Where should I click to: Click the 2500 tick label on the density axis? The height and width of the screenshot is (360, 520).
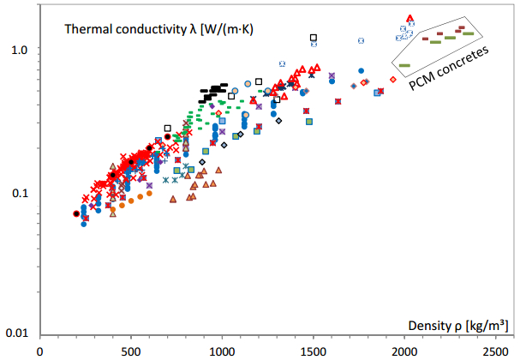pyautogui.click(x=494, y=351)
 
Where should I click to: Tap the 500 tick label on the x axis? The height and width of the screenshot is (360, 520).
pyautogui.click(x=131, y=351)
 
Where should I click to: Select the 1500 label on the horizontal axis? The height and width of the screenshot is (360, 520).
pyautogui.click(x=313, y=351)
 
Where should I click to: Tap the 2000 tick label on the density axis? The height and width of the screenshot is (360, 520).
pyautogui.click(x=403, y=351)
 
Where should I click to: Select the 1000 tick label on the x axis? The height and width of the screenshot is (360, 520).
pyautogui.click(x=222, y=351)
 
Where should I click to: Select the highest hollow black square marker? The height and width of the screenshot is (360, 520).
pyautogui.click(x=314, y=38)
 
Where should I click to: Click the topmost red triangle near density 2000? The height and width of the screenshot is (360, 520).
pyautogui.click(x=409, y=17)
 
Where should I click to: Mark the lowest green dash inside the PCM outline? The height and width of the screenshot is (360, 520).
pyautogui.click(x=404, y=65)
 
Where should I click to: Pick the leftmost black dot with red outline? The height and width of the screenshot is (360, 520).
pyautogui.click(x=76, y=213)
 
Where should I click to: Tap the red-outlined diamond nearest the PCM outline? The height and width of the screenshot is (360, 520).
pyautogui.click(x=392, y=79)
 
